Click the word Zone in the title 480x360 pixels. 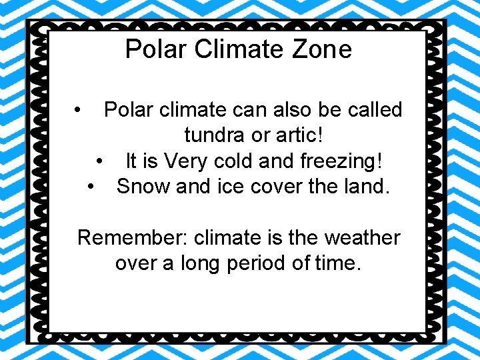[x=323, y=49]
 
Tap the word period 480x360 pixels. [x=253, y=264]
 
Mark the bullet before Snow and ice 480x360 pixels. [x=91, y=187]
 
